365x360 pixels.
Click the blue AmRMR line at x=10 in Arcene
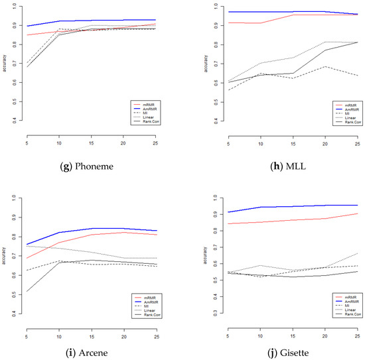[x=59, y=232]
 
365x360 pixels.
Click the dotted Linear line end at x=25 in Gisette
[x=357, y=253]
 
